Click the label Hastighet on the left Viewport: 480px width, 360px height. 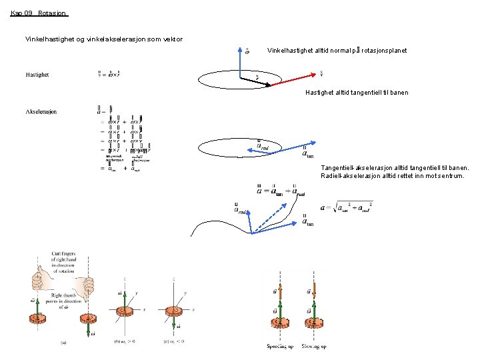click(37, 75)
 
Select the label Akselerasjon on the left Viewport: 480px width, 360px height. click(41, 111)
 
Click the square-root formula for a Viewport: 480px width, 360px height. click(346, 208)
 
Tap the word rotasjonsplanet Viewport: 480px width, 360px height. click(384, 51)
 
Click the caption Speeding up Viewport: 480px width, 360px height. click(280, 347)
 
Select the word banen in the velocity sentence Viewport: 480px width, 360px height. click(398, 93)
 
